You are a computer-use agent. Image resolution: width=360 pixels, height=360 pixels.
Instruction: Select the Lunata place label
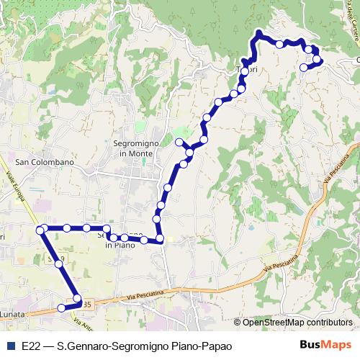[x=13, y=315]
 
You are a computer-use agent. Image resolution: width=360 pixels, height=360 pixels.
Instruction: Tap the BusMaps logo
[x=325, y=345]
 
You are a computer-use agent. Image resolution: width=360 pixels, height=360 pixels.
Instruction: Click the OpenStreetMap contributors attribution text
[x=297, y=323]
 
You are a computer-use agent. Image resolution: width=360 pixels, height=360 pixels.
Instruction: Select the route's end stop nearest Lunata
[x=61, y=308]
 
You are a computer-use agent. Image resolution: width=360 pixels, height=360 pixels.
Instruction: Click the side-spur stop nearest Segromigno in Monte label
[x=179, y=142]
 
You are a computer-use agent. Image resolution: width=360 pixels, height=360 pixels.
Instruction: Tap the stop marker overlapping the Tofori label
[x=246, y=71]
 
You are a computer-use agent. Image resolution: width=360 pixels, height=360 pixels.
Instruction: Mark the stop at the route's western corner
[x=40, y=230]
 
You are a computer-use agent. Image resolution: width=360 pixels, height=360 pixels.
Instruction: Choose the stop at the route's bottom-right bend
[x=160, y=238]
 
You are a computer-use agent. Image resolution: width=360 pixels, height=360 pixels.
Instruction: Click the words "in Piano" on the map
[x=120, y=245]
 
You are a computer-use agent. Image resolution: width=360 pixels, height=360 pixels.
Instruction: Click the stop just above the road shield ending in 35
[x=76, y=298]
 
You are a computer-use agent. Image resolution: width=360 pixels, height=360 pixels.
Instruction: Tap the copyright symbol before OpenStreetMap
[x=238, y=323]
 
